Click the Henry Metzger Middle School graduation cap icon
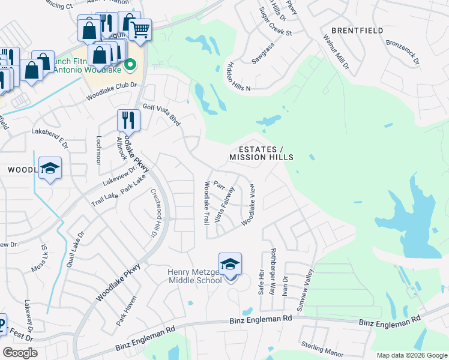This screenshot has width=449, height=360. click(230, 263)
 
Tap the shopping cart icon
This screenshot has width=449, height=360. click(140, 29)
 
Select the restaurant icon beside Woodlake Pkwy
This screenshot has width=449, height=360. click(128, 119)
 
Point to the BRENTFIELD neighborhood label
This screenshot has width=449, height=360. click(356, 30)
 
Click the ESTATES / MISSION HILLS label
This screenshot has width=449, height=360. click(261, 153)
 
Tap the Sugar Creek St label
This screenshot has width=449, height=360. click(276, 22)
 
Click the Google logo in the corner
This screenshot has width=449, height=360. click(20, 352)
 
